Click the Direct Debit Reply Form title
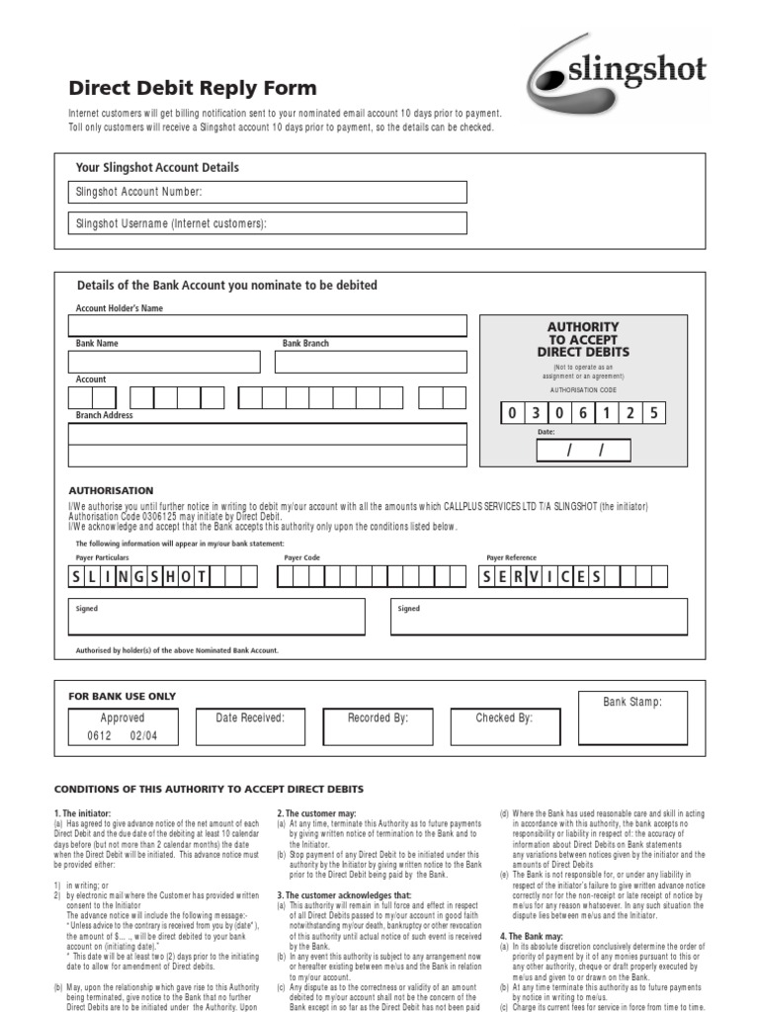(193, 88)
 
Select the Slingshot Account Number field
(268, 192)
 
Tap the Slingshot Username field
(268, 223)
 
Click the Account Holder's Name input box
(268, 326)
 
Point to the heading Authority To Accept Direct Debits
(582, 339)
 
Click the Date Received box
(250, 726)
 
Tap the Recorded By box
(378, 726)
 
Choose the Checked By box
(504, 726)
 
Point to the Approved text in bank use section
(123, 718)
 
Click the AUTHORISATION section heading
(111, 490)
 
